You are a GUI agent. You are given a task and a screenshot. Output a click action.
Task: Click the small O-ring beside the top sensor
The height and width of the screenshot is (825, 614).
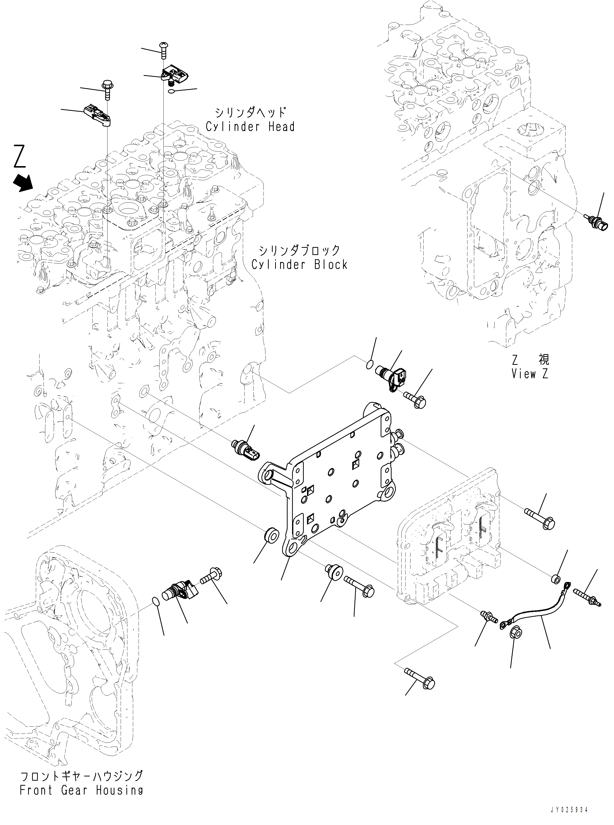pyautogui.click(x=171, y=91)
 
